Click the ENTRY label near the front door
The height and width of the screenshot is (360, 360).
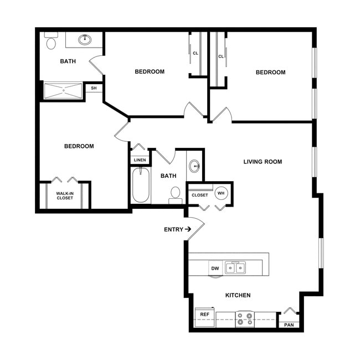[x=173, y=229]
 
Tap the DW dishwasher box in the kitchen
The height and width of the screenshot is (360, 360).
[x=215, y=269]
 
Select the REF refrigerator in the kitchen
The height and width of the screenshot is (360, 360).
[x=204, y=315]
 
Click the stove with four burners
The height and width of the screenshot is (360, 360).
[x=244, y=318]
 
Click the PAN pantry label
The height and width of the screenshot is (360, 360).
[x=289, y=325]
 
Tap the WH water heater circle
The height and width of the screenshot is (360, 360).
[x=221, y=193]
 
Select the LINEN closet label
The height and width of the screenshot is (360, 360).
[x=140, y=160]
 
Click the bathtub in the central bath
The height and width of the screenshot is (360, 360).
[x=141, y=186]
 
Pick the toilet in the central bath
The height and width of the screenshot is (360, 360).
[x=176, y=193]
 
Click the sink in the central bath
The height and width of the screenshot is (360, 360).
[x=194, y=166]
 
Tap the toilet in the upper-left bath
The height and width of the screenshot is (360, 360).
[x=52, y=42]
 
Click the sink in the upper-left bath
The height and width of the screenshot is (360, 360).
[x=85, y=39]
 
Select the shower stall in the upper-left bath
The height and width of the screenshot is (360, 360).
[x=63, y=91]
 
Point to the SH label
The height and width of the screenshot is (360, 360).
[x=94, y=88]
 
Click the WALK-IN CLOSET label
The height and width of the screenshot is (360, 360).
[x=65, y=196]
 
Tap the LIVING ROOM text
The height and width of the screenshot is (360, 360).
[x=263, y=162]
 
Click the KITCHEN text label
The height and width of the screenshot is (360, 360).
[x=238, y=295]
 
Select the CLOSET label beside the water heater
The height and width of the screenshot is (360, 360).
[x=199, y=195]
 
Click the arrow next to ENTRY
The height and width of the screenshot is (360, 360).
[x=188, y=229]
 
